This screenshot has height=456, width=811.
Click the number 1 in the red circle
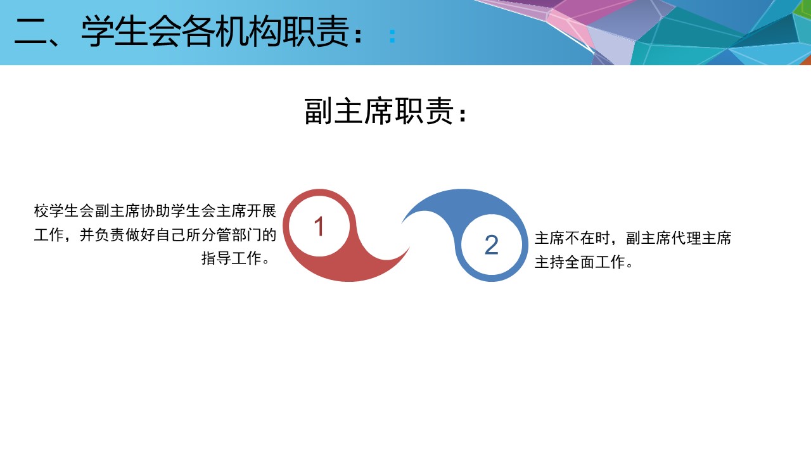[319, 226]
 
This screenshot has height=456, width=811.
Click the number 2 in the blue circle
[491, 245]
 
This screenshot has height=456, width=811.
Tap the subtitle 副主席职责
[379, 111]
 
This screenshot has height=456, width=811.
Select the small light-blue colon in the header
[392, 36]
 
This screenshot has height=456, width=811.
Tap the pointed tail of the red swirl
[409, 248]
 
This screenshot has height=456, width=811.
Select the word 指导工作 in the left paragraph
[231, 258]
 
